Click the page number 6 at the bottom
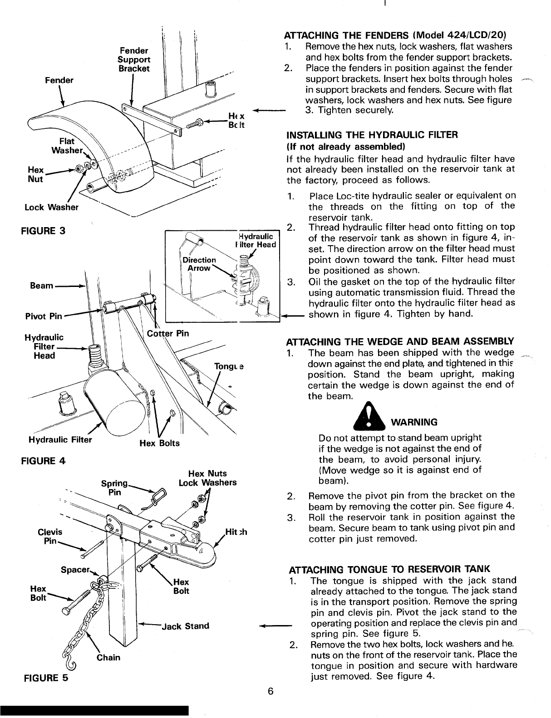pos(271,692)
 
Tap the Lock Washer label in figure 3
pos(51,208)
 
